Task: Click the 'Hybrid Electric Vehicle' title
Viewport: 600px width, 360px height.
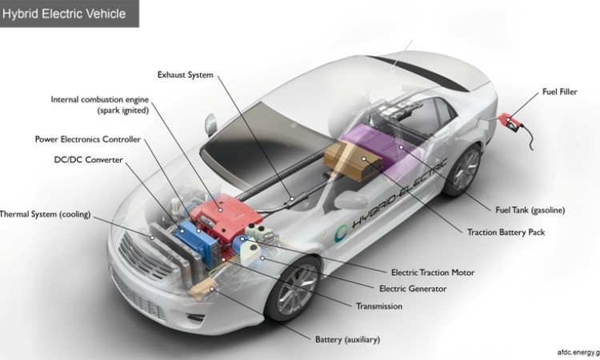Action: tap(64, 13)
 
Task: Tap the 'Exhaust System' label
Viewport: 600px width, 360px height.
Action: tap(186, 74)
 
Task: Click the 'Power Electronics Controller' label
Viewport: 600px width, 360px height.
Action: tap(88, 138)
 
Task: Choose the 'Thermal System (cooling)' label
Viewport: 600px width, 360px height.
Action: tap(46, 214)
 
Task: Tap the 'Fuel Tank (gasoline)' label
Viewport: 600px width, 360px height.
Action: tap(530, 210)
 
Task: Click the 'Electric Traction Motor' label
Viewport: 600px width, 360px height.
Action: tap(433, 273)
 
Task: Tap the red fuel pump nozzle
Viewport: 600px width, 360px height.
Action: tap(510, 122)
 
